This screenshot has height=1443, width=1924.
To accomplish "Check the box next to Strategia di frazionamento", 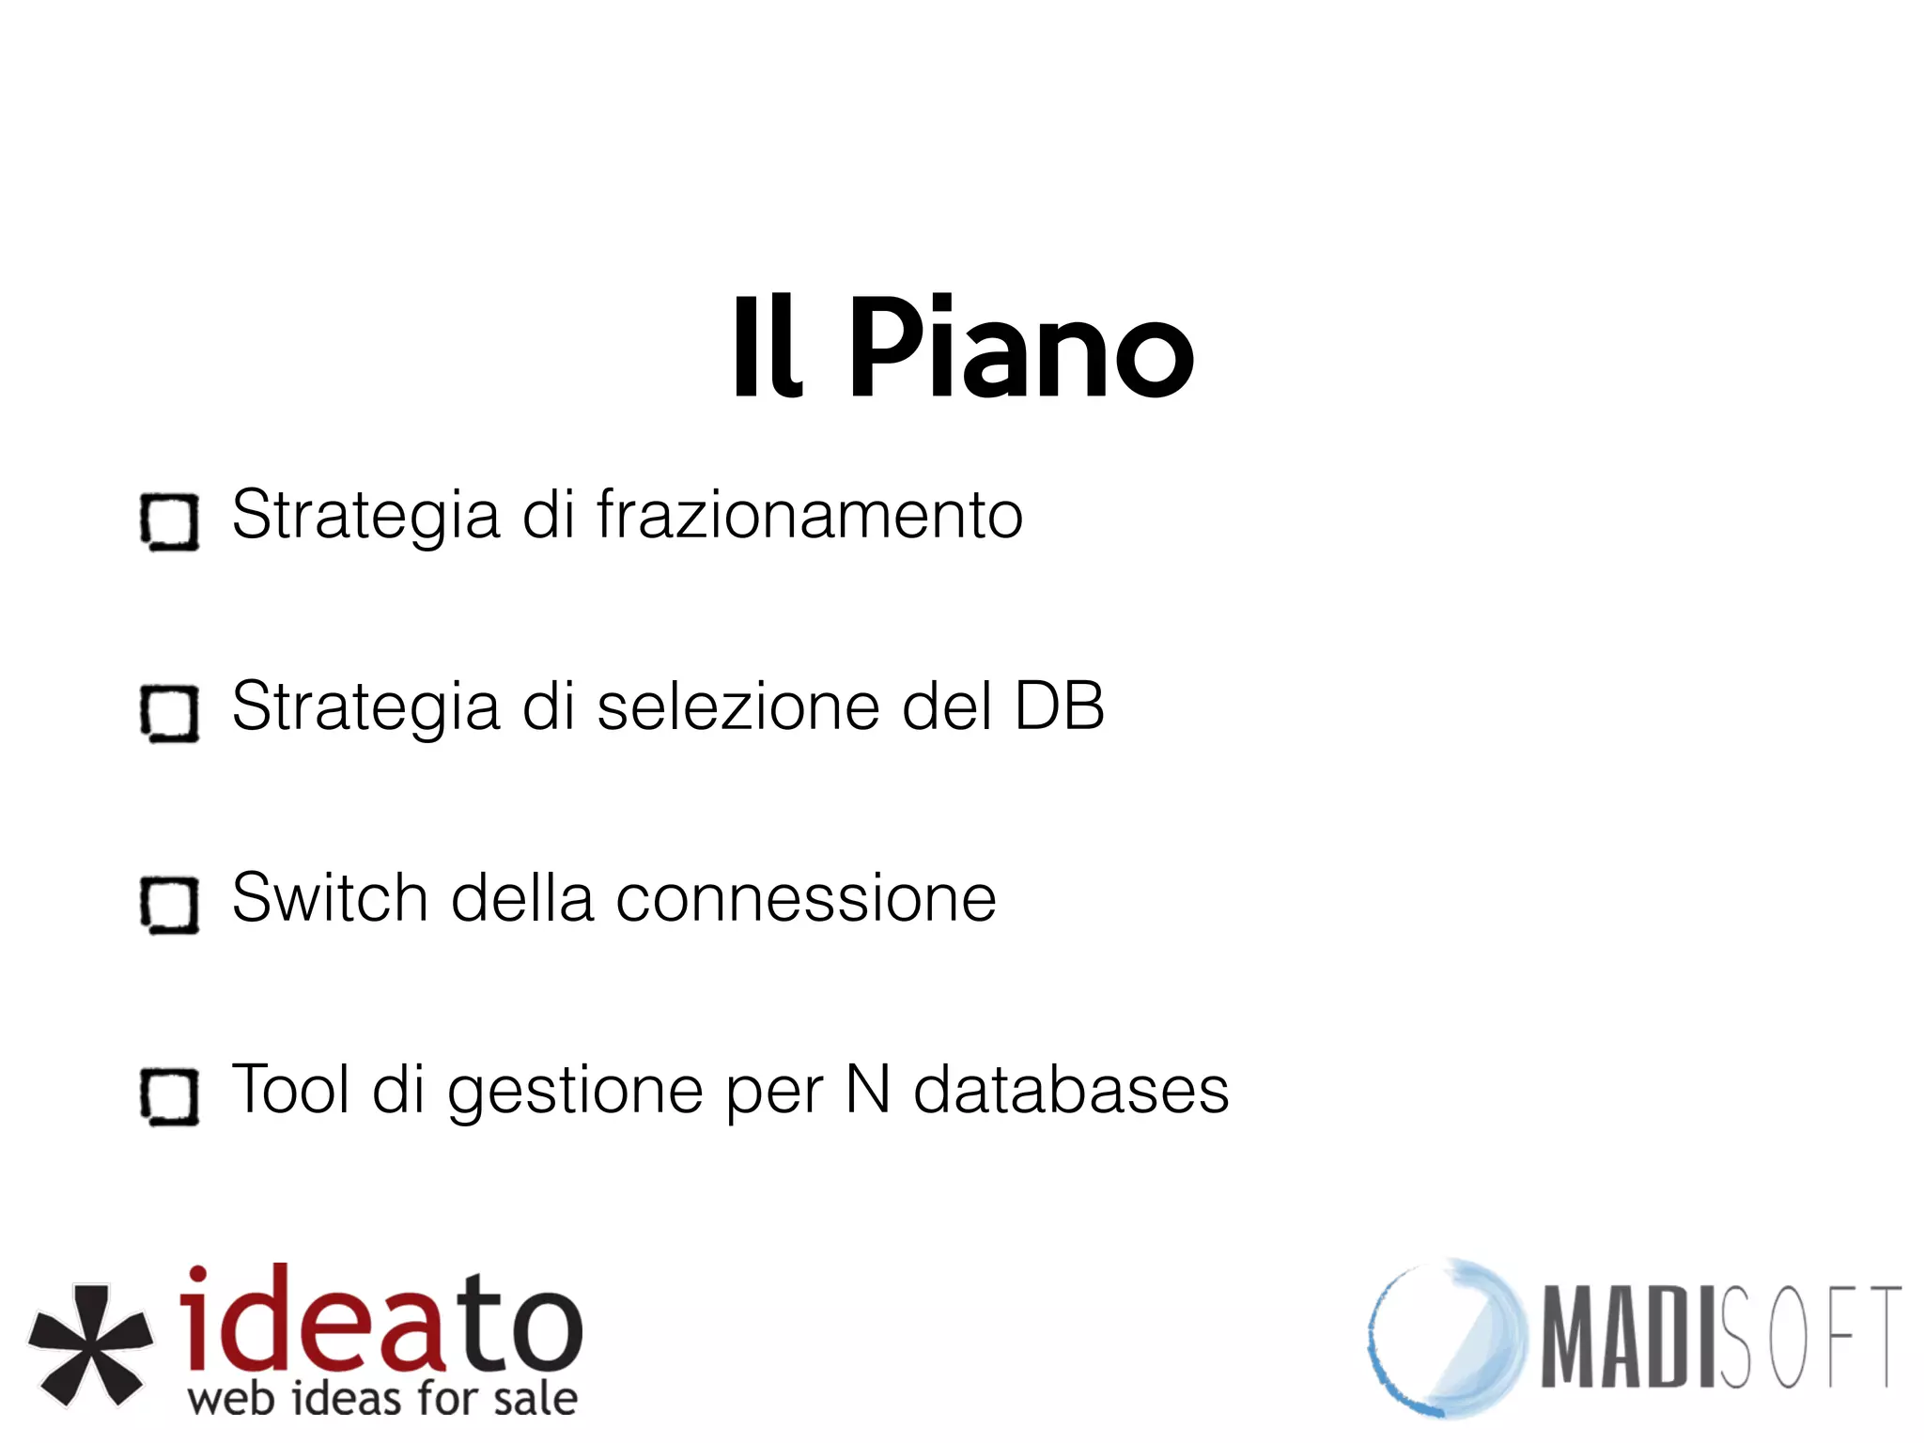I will coord(170,521).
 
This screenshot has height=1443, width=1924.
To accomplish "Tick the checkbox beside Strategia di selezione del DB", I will coord(170,713).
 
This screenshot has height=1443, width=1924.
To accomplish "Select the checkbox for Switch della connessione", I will coord(170,905).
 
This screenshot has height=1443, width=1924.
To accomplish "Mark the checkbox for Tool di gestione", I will coord(170,1096).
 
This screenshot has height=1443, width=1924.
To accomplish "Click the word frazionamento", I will coord(809,516).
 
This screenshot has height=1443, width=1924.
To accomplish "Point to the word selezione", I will coord(738,707).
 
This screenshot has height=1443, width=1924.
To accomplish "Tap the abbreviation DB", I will coord(1059,707).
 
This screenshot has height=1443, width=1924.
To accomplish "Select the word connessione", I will coord(805,899).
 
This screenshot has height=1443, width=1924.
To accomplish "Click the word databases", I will coord(1071,1091).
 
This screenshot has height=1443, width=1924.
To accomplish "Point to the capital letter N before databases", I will coord(868,1091).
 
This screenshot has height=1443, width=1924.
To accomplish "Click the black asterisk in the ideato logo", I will coord(90,1343).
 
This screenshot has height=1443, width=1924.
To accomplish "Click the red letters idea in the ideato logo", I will coord(310,1320).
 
